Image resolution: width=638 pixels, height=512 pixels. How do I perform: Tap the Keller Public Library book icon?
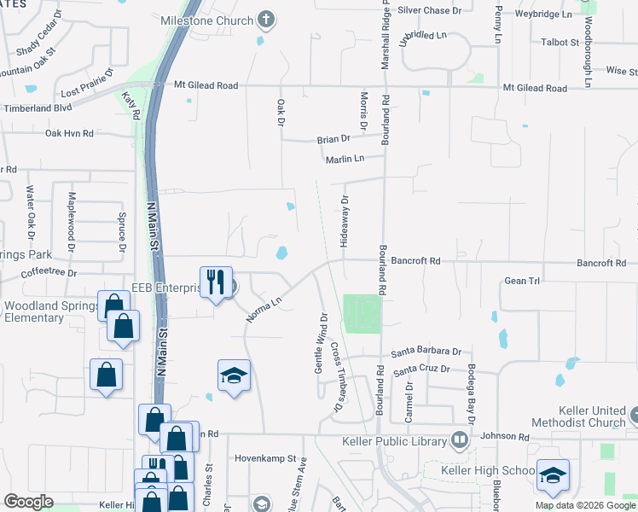coord(460,441)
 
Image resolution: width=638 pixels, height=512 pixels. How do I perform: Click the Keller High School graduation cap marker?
coord(553,474)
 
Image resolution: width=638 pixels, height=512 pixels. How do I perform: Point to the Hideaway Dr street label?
coord(345,222)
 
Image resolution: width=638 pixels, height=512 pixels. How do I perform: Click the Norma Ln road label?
coord(264,308)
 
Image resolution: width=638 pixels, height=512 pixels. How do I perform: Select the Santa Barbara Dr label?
coord(426,352)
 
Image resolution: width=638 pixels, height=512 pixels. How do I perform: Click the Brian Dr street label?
coord(333,139)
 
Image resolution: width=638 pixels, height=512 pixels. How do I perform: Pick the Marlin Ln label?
coord(345,159)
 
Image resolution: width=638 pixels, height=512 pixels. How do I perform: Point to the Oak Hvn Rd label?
coord(68,133)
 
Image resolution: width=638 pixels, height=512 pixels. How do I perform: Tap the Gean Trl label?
coord(523,280)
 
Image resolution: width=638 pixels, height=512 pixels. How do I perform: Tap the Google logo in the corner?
coord(28,502)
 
